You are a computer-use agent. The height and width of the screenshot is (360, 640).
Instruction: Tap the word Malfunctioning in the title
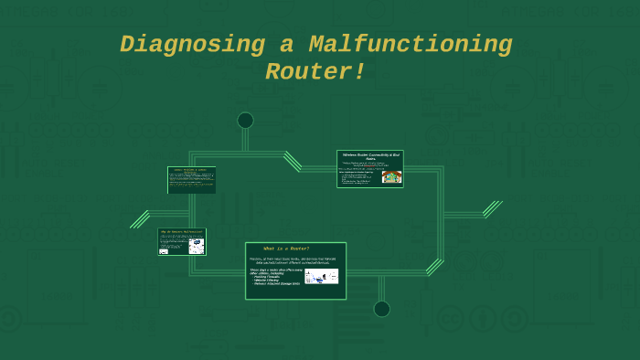(411, 45)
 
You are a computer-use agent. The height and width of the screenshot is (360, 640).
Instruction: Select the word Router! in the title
(315, 72)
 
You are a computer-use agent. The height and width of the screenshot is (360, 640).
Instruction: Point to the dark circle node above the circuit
(245, 121)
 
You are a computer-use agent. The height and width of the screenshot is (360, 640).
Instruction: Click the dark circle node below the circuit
(381, 309)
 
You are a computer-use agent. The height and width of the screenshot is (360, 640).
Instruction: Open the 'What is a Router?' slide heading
(286, 249)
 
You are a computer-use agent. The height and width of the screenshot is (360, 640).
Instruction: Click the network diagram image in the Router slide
(321, 276)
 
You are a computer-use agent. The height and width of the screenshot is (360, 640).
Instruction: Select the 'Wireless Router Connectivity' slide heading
(370, 156)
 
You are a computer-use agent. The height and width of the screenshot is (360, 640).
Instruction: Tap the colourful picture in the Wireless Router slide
(391, 176)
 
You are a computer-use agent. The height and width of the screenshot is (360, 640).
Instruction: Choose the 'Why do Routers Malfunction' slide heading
(181, 232)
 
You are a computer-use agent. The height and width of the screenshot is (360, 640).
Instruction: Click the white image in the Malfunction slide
(197, 245)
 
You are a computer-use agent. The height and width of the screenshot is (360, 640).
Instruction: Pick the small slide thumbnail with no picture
(191, 180)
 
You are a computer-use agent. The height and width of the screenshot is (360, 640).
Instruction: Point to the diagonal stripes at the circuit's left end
(139, 219)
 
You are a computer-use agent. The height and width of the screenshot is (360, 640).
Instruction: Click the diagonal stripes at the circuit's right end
(493, 209)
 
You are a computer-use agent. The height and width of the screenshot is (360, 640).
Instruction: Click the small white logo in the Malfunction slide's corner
(164, 251)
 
